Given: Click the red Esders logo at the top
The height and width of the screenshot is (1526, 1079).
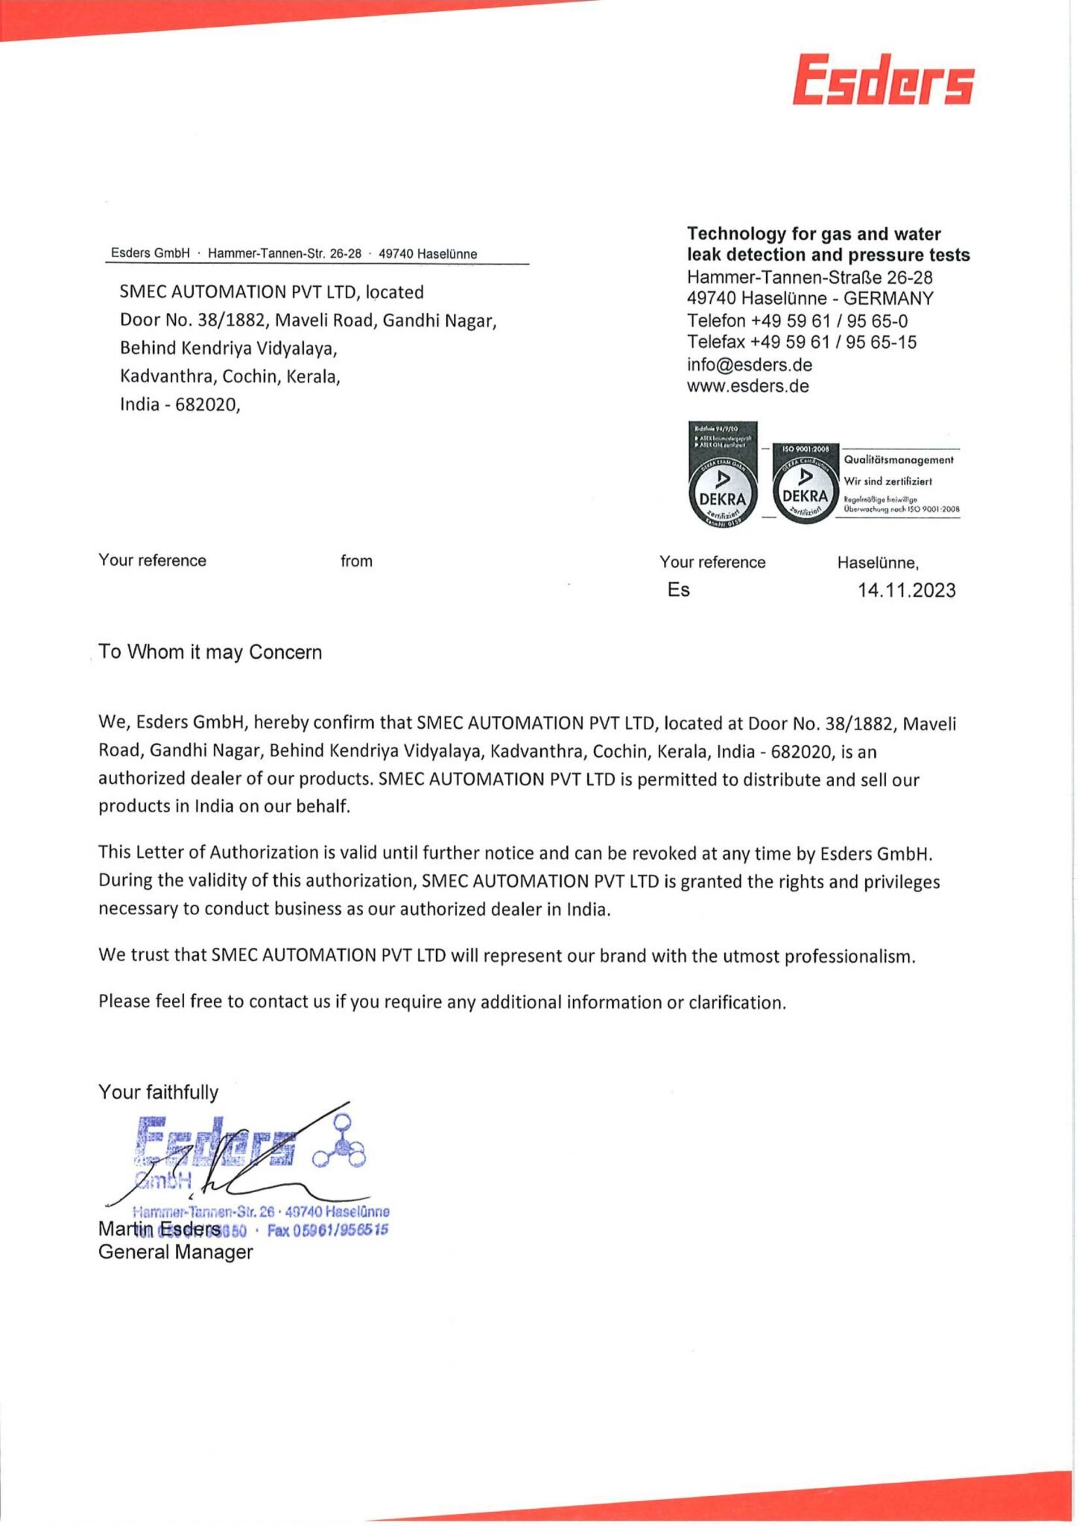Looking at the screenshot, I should click(883, 79).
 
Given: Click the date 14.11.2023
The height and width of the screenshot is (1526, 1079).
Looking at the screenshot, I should click(906, 590).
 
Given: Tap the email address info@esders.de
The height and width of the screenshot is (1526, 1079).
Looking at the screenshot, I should click(749, 364).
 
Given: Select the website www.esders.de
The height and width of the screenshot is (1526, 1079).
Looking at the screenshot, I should click(747, 386).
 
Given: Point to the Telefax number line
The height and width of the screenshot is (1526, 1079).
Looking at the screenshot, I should click(801, 342).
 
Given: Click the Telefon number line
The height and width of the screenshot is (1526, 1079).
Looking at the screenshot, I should click(797, 320).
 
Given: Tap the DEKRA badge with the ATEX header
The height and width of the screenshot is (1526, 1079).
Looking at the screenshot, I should click(722, 475).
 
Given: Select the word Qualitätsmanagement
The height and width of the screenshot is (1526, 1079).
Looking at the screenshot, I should click(898, 460).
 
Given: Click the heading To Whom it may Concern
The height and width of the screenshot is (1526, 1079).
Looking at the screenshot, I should click(210, 652).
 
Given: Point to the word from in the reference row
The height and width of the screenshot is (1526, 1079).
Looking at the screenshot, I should click(356, 561).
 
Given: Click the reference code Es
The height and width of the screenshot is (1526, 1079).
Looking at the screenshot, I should click(678, 589).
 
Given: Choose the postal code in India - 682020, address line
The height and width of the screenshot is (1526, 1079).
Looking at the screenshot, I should click(206, 405).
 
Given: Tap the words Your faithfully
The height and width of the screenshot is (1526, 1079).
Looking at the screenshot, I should click(158, 1092).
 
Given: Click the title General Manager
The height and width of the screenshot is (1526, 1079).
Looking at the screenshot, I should click(175, 1252).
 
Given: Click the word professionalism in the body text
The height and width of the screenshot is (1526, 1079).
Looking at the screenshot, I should click(849, 956).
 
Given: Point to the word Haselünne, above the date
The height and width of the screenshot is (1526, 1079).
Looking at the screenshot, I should click(877, 563).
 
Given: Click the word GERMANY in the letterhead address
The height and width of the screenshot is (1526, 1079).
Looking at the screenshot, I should click(888, 298).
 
